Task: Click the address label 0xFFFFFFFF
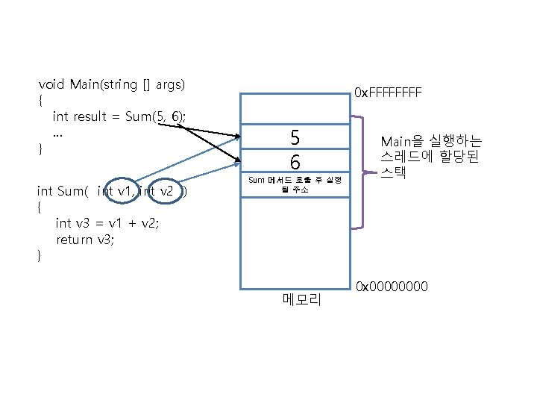(388, 93)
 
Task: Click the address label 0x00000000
(392, 287)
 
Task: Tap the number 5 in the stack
(295, 137)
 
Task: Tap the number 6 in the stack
(295, 161)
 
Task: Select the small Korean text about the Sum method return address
(295, 185)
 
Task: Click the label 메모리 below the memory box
(301, 300)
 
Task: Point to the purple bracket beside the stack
(363, 172)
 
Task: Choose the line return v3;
(85, 240)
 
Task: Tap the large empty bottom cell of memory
(295, 243)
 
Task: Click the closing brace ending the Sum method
(40, 256)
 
